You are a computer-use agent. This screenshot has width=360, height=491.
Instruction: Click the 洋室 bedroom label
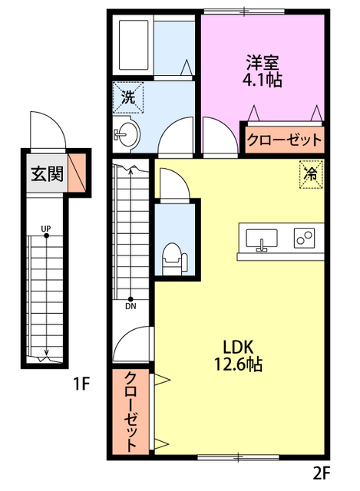262,63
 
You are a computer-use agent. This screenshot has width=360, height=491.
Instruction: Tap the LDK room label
238,347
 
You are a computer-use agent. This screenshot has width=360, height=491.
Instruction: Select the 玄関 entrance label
47,173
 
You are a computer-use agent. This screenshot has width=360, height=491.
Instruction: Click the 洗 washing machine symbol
128,97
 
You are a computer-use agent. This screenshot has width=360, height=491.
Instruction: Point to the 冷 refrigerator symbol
311,174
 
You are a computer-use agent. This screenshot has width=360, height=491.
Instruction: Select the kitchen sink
262,239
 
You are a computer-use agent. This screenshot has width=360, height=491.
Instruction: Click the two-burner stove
304,238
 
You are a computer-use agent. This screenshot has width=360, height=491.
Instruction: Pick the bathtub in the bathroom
134,45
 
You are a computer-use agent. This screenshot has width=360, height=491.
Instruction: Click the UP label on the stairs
46,229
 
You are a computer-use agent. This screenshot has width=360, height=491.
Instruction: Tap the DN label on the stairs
130,307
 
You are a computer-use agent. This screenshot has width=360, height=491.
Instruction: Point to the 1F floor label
81,384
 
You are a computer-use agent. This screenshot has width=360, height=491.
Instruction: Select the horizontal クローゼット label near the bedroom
285,140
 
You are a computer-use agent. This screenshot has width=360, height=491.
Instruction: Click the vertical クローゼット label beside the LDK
131,411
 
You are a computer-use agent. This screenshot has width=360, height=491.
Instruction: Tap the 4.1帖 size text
262,80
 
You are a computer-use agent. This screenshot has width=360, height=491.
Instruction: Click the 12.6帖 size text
238,364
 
